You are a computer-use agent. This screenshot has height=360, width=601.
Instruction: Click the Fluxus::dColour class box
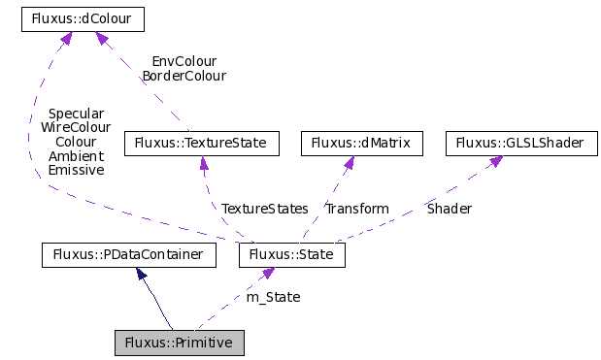pyautogui.click(x=83, y=18)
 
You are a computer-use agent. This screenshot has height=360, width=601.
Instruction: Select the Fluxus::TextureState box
pyautogui.click(x=202, y=144)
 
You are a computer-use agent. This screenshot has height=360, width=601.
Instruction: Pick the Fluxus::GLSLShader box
pyautogui.click(x=521, y=144)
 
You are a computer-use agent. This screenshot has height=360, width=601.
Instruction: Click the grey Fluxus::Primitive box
pyautogui.click(x=179, y=343)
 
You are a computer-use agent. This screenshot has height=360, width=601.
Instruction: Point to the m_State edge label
pyautogui.click(x=273, y=297)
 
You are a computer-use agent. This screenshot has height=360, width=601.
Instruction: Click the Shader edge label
pyautogui.click(x=450, y=209)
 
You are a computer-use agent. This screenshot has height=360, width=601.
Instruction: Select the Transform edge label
pyautogui.click(x=357, y=209)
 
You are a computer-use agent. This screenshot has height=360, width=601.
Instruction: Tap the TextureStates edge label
pyautogui.click(x=264, y=209)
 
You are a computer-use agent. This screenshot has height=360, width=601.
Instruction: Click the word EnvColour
pyautogui.click(x=184, y=61)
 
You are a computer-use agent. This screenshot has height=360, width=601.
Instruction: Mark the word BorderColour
pyautogui.click(x=184, y=76)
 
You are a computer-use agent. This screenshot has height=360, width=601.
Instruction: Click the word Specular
pyautogui.click(x=76, y=114)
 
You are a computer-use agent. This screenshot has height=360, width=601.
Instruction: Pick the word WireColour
pyautogui.click(x=76, y=127)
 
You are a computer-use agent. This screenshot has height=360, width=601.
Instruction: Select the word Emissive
pyautogui.click(x=76, y=169)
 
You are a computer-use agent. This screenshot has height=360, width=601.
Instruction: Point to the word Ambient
pyautogui.click(x=76, y=155)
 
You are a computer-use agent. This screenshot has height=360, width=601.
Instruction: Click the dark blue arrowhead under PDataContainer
pyautogui.click(x=142, y=275)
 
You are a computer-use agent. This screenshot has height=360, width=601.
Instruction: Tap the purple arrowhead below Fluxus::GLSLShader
pyautogui.click(x=494, y=162)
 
